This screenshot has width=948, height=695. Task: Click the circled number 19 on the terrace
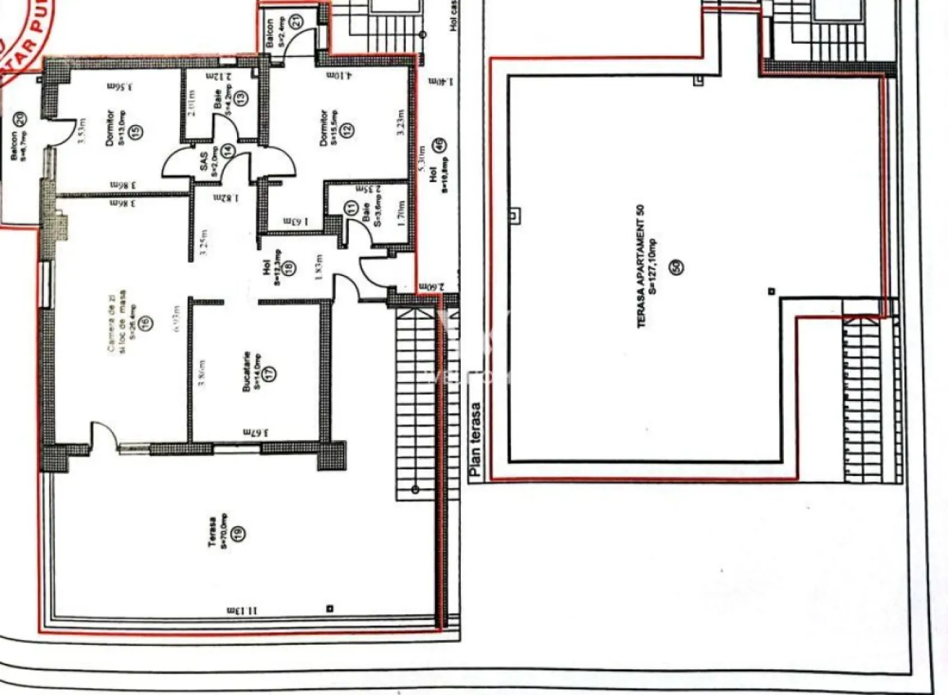click(x=239, y=533)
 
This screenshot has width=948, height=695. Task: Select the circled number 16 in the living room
click(x=145, y=322)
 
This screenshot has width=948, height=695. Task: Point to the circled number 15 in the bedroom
click(x=136, y=130)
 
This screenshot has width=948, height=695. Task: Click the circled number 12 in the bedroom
click(x=348, y=129)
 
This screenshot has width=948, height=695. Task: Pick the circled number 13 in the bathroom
click(x=240, y=98)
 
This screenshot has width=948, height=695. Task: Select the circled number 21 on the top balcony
click(x=297, y=22)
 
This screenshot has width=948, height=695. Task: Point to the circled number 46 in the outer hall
click(x=439, y=146)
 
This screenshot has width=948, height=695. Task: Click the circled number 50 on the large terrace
click(x=676, y=265)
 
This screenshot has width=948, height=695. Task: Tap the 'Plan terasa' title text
click(x=475, y=439)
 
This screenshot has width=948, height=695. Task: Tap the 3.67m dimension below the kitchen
click(x=256, y=432)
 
